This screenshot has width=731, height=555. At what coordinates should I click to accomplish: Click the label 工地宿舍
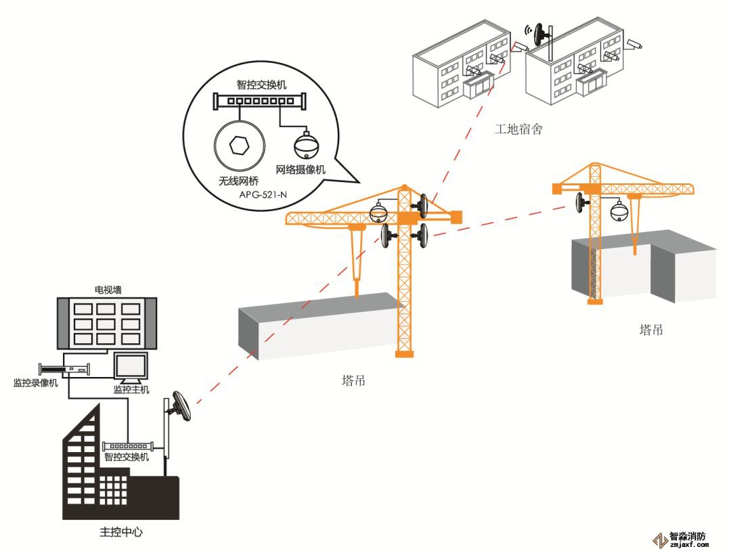518,129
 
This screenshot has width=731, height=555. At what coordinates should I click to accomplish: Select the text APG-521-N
263,195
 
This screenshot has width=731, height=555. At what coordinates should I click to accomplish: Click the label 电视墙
108,290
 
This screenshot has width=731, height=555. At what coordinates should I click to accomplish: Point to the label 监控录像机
36,382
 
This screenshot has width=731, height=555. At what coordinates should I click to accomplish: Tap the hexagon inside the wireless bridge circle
239,145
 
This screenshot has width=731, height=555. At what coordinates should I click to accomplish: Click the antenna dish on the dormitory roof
542,34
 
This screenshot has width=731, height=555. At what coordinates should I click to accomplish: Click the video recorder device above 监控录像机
64,370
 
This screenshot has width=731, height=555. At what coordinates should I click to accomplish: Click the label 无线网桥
238,181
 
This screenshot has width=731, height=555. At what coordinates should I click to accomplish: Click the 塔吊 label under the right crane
651,330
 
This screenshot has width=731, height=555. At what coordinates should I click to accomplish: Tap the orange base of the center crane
404,353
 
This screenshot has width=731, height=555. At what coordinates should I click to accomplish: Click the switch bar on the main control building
127,447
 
